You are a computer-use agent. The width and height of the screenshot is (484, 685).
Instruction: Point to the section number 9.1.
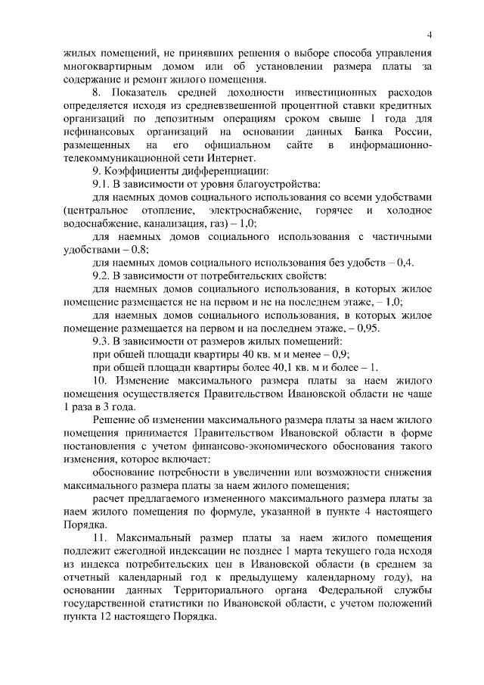pos(101,184)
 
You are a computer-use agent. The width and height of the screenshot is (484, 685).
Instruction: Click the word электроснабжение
pos(257,210)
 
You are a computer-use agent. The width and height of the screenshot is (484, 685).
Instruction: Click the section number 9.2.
pos(101,276)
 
